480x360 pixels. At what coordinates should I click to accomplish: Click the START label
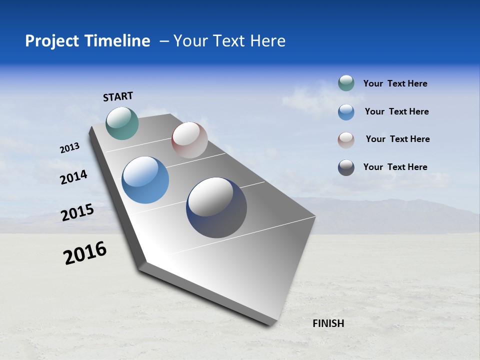point(118,96)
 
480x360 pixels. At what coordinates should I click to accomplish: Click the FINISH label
point(328,323)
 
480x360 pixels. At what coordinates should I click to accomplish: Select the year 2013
point(69,148)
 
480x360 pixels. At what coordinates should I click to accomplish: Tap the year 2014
point(73,177)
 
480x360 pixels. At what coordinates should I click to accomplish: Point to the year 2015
point(77,212)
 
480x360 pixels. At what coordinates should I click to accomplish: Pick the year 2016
point(85,253)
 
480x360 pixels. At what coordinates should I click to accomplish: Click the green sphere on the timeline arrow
point(122,123)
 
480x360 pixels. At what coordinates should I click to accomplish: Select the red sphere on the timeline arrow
point(189,140)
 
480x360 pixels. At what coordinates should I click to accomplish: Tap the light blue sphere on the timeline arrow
point(145,180)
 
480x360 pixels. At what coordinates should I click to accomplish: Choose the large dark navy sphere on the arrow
point(216,207)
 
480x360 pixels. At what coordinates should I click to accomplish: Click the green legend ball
point(346,83)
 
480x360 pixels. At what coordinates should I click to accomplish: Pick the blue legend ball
point(346,112)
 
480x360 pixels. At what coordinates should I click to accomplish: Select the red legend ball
point(346,140)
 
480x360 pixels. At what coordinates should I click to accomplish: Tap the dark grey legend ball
point(346,167)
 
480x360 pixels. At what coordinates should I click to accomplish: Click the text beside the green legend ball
point(395,83)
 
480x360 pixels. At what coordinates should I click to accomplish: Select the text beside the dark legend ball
point(395,167)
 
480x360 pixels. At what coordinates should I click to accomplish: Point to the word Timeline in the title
point(118,41)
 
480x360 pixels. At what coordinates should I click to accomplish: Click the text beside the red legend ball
point(397,139)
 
